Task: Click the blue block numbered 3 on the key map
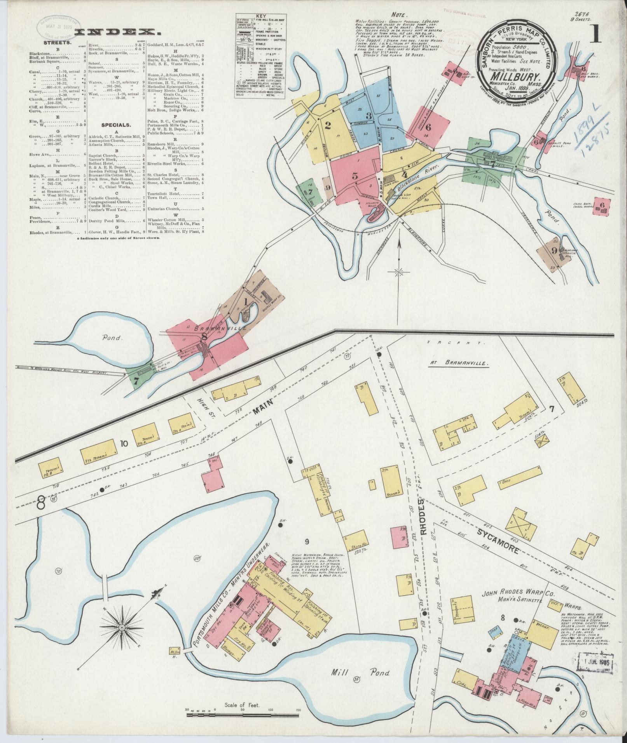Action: click(369, 115)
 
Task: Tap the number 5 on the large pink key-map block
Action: click(355, 175)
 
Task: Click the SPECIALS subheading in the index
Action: click(116, 125)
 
